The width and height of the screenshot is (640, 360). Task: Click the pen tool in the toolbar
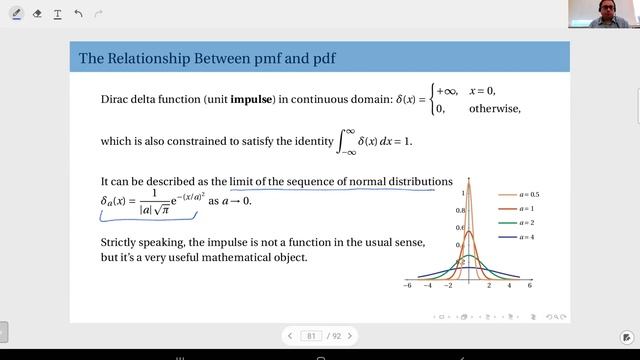point(18,14)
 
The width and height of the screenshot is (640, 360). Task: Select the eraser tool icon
point(38,14)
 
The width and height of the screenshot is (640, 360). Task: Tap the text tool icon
point(58,14)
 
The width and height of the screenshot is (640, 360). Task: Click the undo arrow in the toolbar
point(78,14)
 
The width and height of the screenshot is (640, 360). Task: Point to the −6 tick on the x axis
point(407,286)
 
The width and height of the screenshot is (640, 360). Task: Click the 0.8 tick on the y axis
point(461,211)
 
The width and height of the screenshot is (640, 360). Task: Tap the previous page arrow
point(290,336)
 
